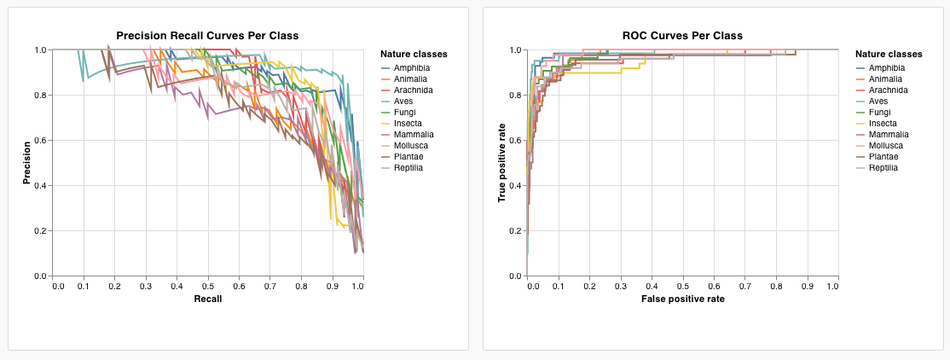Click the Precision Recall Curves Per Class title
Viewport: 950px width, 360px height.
[207, 35]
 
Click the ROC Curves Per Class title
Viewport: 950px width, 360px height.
[682, 35]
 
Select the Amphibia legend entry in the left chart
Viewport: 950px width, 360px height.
[411, 67]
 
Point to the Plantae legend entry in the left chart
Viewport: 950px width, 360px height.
[408, 156]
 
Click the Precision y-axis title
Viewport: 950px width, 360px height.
[27, 163]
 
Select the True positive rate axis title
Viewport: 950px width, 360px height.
[501, 163]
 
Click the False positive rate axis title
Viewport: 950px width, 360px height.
[682, 299]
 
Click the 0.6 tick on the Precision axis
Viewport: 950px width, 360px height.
[40, 140]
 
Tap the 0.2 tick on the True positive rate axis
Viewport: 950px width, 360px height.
[514, 230]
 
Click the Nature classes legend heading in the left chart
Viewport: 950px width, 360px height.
[414, 54]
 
